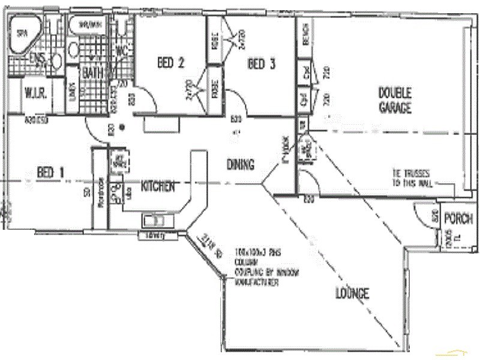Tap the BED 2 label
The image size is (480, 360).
[170, 62]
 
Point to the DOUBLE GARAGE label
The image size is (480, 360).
[394, 100]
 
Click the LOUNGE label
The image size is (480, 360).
[352, 293]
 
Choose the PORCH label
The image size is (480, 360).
[458, 219]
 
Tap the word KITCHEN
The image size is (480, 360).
[158, 186]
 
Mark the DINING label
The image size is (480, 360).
[241, 164]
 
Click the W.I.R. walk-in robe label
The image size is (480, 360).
[35, 94]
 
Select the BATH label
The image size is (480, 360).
[93, 73]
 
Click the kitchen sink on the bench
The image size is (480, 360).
[158, 220]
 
